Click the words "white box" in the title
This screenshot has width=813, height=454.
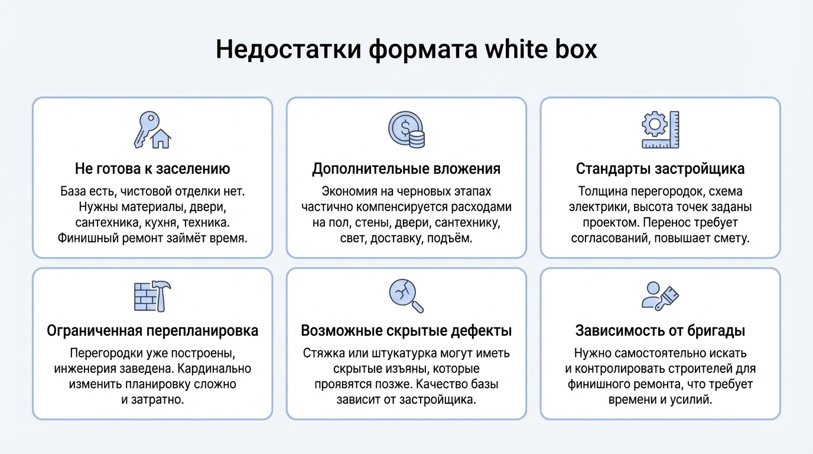coord(541,50)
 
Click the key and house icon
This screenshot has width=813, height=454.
coord(152,130)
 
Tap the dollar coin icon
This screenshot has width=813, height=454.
coord(406,130)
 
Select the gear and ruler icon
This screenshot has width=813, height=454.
coord(661,130)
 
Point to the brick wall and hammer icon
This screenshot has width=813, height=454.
coord(152,296)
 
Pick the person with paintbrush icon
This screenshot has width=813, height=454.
coord(661,296)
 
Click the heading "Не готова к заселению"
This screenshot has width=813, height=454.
coord(152,169)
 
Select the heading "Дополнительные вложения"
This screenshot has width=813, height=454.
coord(406,169)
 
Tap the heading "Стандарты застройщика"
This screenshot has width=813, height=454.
coord(661,169)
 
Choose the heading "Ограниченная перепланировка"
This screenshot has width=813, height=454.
coord(152,330)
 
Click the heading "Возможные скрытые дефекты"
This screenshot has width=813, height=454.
coord(406,330)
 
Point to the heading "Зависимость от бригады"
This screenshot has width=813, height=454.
coord(661,330)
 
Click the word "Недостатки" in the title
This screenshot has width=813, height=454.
coord(288,50)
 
